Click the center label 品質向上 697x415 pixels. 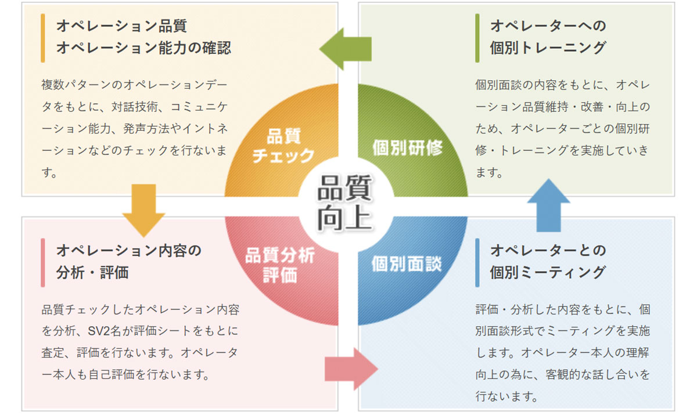345,204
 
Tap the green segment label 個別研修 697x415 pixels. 407,147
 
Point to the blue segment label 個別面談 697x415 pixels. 407,264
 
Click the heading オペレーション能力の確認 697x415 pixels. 143,48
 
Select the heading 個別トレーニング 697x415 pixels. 548,48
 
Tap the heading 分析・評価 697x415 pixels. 92,272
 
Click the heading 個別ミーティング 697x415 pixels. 548,272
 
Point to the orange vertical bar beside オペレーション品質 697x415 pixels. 43,37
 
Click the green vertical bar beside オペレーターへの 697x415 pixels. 477,37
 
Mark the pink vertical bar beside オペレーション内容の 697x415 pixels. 43,262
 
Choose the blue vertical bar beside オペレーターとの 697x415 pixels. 477,262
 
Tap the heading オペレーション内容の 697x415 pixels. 128,251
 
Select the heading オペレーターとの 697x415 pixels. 548,251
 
